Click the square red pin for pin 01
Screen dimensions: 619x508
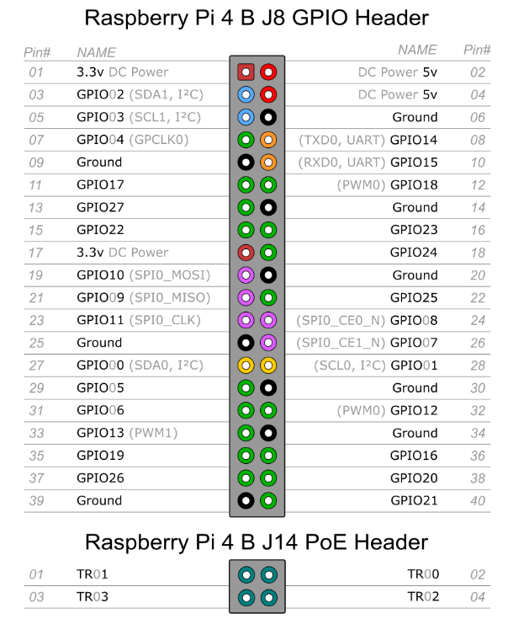[246, 72]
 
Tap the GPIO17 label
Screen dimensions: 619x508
[100, 184]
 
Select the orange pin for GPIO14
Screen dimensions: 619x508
[268, 140]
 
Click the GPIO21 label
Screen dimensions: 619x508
[414, 500]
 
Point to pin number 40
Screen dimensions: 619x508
[476, 500]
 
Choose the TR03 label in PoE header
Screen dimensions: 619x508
[92, 596]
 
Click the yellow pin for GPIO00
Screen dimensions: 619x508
[246, 365]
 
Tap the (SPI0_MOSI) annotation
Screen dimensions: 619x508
[169, 275]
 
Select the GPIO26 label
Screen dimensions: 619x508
[100, 478]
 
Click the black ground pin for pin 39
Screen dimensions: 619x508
[246, 500]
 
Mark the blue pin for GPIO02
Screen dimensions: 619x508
[246, 94]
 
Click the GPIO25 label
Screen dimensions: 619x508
[414, 297]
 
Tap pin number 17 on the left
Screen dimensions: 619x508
[36, 252]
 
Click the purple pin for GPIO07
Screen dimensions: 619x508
[268, 343]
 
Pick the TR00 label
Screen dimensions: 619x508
[423, 574]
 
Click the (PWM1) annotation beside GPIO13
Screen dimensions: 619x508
[153, 433]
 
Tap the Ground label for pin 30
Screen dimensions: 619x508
[415, 387]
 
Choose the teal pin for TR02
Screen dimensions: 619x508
[268, 597]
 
